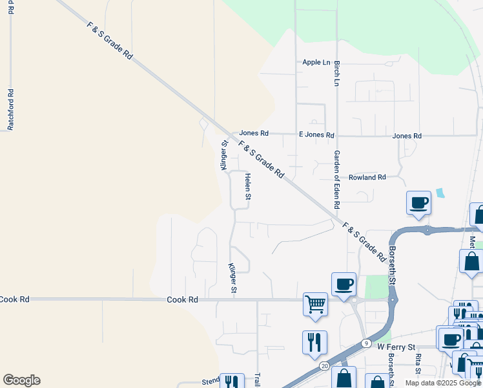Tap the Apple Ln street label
pos(316,63)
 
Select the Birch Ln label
pos(336,74)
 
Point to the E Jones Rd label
pos(316,135)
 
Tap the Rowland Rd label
pos(367,177)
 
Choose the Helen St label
pos(247,186)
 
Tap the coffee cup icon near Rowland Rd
pos(418,202)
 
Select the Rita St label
pos(418,364)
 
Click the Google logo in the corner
pos(21,380)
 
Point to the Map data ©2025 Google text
pos(443,383)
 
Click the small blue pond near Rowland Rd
pos(440,193)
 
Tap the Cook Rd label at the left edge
pos(14,299)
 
